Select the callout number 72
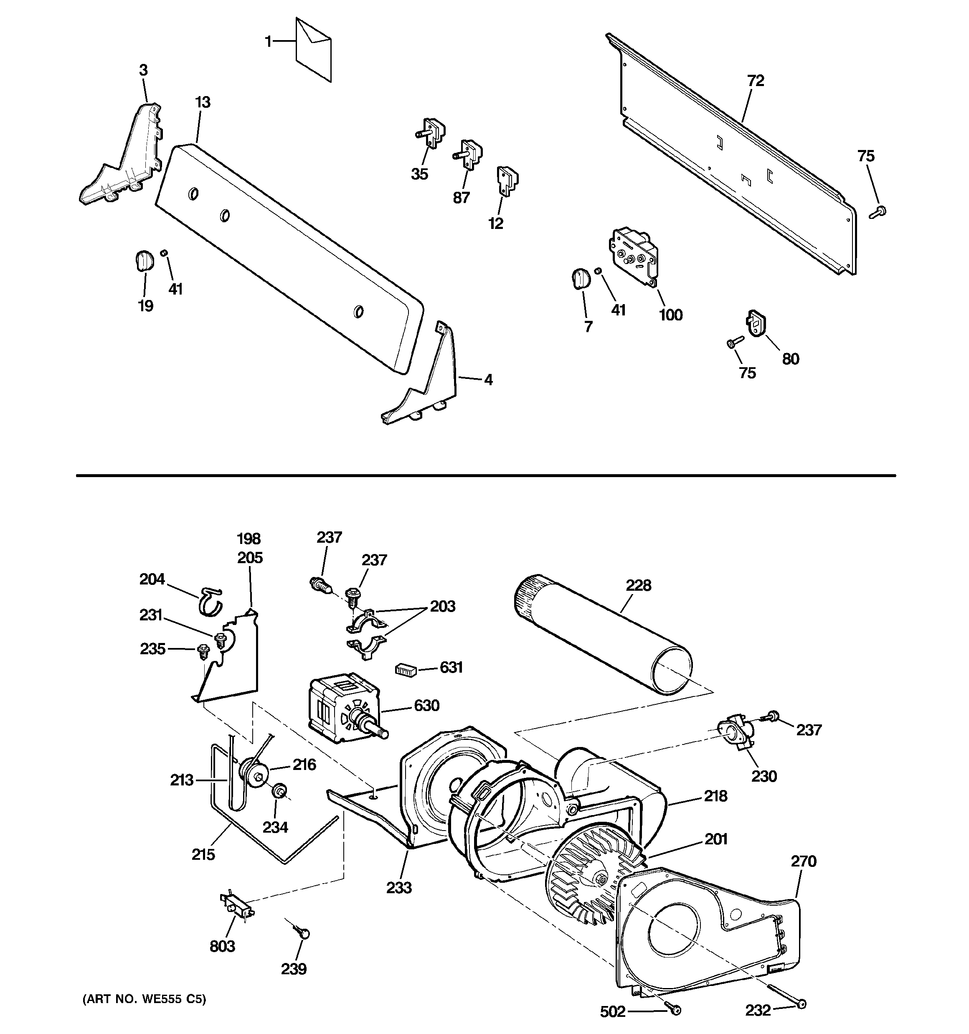(755, 81)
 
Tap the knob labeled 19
(144, 260)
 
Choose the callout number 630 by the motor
(426, 706)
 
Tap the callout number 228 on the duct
(638, 586)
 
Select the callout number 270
(804, 861)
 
